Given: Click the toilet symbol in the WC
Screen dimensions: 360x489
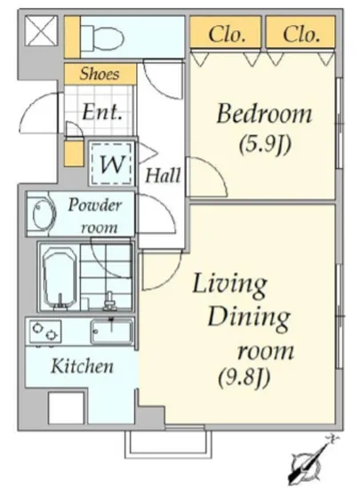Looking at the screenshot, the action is [x=101, y=37].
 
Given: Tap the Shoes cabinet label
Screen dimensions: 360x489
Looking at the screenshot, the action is [x=100, y=74].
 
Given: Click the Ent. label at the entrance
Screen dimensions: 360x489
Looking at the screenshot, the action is [x=101, y=112].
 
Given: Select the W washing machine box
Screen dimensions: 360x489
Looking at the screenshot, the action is [x=112, y=164].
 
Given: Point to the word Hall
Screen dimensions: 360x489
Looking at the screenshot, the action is [x=163, y=175].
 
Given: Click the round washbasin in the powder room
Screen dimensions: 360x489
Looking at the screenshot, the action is [x=42, y=214].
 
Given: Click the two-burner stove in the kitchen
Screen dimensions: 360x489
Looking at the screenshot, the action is [x=45, y=332].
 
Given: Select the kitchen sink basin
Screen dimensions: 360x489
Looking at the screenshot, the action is [x=112, y=333].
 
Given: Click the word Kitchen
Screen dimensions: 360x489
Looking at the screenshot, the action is [x=82, y=366].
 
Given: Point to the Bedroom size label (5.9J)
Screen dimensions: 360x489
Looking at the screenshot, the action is [x=265, y=145].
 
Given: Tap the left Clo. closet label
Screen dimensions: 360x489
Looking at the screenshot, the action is [x=227, y=34].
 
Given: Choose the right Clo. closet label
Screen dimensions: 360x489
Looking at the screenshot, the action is [x=301, y=34].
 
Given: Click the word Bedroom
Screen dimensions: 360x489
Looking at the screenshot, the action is [x=264, y=113].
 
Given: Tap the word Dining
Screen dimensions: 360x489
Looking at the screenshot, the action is [x=249, y=318].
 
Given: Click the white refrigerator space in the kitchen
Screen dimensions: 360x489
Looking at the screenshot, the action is [x=66, y=408].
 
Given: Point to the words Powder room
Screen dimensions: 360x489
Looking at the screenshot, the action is [x=95, y=216].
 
